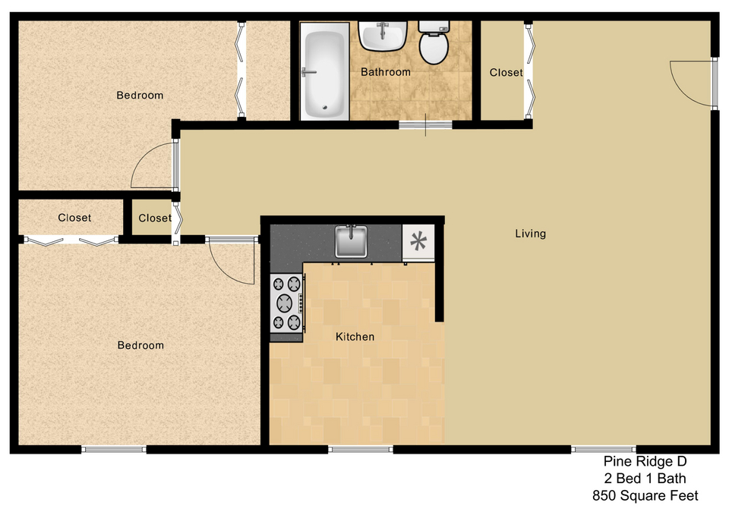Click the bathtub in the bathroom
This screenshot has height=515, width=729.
click(x=324, y=71)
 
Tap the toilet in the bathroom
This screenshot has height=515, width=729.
click(x=434, y=42)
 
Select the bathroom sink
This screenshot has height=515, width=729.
click(x=383, y=36)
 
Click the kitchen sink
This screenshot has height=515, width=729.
click(x=351, y=241)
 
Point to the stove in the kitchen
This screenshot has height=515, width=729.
click(x=287, y=303)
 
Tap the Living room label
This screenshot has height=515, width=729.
click(x=531, y=234)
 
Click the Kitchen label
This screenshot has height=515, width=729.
click(x=355, y=337)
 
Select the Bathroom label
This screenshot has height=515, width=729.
click(x=386, y=72)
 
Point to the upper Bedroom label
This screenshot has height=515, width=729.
click(x=140, y=96)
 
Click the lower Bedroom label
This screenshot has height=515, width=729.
click(x=141, y=346)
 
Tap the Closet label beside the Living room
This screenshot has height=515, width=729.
click(x=507, y=73)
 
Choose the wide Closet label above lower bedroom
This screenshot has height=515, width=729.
click(x=74, y=218)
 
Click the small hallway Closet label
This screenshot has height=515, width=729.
click(x=155, y=218)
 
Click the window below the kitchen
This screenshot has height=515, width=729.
click(x=361, y=449)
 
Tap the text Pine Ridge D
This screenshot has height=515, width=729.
click(x=645, y=461)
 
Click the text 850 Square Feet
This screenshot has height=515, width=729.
click(x=645, y=496)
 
